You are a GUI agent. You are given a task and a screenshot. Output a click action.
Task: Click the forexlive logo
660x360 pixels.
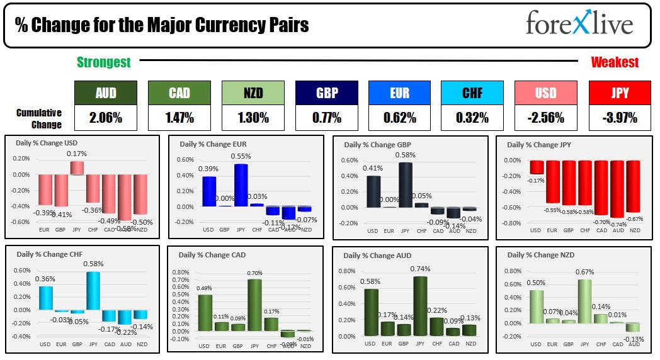click(x=579, y=24)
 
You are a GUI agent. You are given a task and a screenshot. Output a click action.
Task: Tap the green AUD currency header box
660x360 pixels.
click(x=105, y=93)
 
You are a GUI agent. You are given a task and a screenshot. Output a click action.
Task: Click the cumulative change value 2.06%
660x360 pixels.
click(x=105, y=118)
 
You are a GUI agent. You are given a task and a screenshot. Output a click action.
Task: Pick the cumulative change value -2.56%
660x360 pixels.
click(x=545, y=118)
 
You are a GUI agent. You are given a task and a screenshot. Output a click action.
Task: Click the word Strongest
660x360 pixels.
click(x=104, y=62)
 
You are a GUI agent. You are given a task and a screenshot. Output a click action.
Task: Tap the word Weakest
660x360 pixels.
click(x=614, y=62)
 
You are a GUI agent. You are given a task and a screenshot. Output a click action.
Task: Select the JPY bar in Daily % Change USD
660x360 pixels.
click(x=76, y=168)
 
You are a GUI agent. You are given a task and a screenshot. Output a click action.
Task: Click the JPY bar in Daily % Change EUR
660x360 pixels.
click(x=241, y=185)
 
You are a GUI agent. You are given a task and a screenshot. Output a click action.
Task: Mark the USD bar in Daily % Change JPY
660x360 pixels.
click(x=536, y=167)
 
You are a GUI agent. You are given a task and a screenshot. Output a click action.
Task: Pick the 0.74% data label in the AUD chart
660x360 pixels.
click(x=421, y=269)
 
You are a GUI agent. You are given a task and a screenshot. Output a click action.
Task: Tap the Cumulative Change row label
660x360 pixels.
click(x=39, y=118)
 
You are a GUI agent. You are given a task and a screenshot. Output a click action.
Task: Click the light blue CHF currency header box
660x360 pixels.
click(x=472, y=93)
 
